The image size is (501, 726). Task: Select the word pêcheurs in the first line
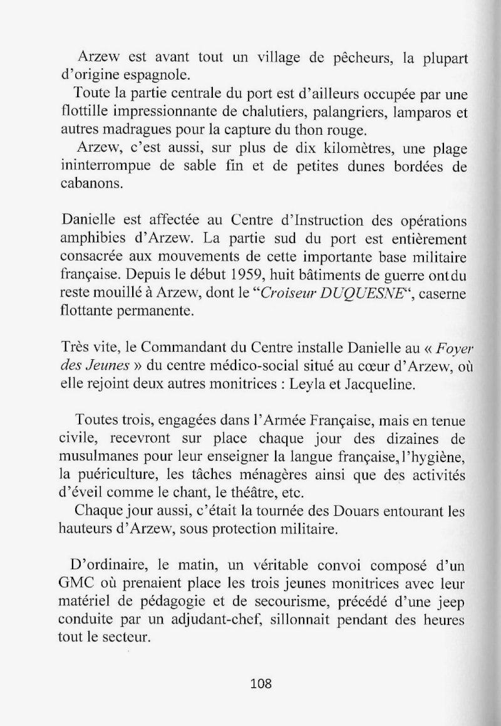tap(349, 60)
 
